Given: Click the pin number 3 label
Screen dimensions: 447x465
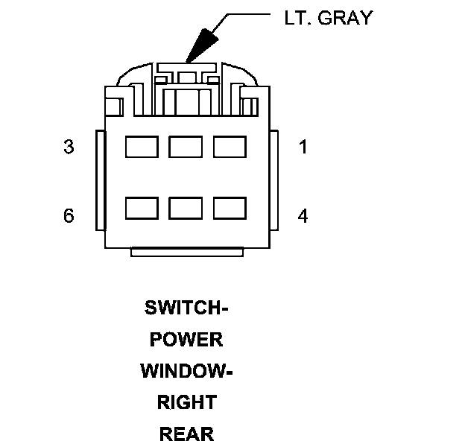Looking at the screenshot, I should tap(69, 147).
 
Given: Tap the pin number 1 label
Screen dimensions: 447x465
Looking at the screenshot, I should tap(303, 147).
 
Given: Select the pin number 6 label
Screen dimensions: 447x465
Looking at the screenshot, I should tap(69, 216).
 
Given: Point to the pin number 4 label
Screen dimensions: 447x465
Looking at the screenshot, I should tap(303, 216).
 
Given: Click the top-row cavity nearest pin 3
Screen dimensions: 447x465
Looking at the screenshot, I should tap(142, 147).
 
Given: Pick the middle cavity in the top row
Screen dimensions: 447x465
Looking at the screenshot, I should tap(186, 147).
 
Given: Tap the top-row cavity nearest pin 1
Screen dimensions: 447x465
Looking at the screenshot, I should tap(230, 147).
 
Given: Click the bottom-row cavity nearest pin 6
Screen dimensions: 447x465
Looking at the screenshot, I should tap(142, 208).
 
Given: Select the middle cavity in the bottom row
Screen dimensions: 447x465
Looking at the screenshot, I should tap(186, 208).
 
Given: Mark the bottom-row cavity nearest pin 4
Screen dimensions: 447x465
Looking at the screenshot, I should tap(230, 208).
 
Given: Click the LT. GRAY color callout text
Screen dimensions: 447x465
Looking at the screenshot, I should tap(328, 18).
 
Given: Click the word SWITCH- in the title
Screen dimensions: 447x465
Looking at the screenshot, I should tap(186, 308).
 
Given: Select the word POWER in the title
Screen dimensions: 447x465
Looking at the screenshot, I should tap(186, 340).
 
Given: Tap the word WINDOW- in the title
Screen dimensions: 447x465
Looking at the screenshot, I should tap(186, 371).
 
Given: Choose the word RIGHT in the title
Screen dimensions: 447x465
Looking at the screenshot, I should tap(186, 402).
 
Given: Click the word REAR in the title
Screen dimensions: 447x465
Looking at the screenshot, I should tap(186, 434).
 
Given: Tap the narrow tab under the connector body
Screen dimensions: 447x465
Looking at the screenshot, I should tap(186, 252).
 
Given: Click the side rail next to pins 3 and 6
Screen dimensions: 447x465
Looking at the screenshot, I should tap(98, 180).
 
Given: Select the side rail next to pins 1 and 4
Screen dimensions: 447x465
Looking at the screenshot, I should tap(273, 180).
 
